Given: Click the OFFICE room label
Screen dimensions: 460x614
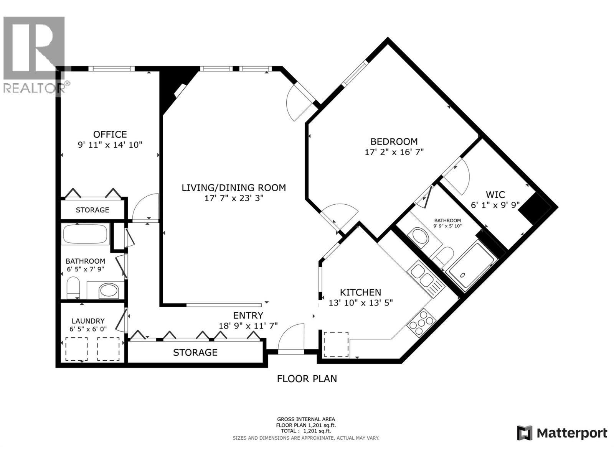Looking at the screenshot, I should coord(110,134).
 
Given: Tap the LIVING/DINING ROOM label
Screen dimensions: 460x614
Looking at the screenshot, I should coord(234,188).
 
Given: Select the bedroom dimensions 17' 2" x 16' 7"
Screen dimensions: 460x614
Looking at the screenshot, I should coord(394,152).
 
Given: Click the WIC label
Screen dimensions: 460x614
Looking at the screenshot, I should coord(495,194).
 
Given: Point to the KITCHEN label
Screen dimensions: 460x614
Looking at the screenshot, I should coord(361,292).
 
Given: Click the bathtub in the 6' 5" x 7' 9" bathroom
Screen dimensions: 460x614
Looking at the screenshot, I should coord(85,234).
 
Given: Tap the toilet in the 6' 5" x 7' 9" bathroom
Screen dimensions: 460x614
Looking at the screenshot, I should coord(73,287).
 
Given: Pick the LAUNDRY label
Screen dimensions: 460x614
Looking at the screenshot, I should coord(88,321).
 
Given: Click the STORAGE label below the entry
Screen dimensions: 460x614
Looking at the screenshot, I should coord(195,352).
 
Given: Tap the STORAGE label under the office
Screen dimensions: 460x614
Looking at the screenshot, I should coord(92,210).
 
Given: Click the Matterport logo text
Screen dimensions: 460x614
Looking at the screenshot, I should coord(571,433).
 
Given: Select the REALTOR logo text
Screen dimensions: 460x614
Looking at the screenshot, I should coord(35,88).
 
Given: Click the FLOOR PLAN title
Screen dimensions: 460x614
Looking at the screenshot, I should coord(307,379).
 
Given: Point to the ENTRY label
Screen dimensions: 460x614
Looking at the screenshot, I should coord(248,315).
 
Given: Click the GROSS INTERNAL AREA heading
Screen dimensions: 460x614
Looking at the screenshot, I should coord(306,419).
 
